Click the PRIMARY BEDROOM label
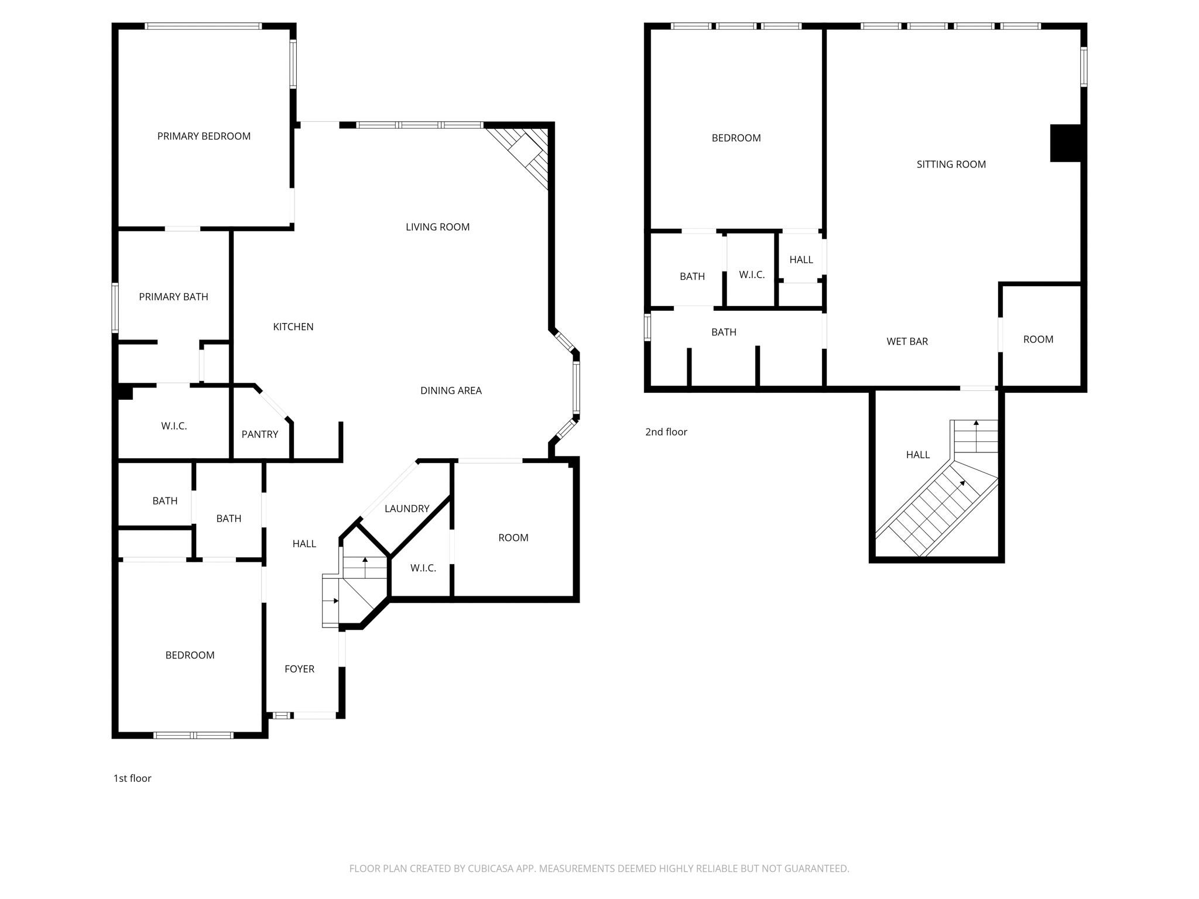click(x=204, y=136)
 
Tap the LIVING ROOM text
click(x=437, y=227)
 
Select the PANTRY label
click(x=259, y=434)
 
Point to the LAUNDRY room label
click(x=407, y=509)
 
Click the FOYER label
click(x=299, y=669)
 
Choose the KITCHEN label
click(x=293, y=327)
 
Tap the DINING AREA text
click(x=451, y=390)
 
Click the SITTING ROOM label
click(x=951, y=164)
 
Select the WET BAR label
click(x=907, y=341)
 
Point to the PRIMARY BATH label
click(x=173, y=297)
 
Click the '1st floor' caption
click(x=132, y=778)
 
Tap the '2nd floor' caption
click(x=666, y=432)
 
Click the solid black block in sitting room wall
click(x=1065, y=143)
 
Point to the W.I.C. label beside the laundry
click(x=423, y=568)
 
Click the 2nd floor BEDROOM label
click(x=736, y=138)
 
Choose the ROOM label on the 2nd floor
click(x=1038, y=339)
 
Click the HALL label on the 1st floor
click(x=304, y=544)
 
